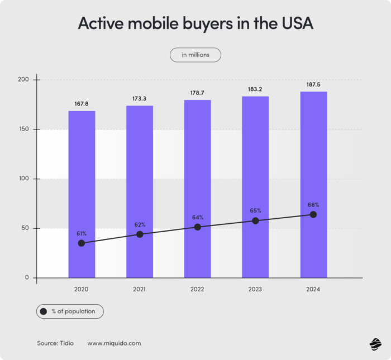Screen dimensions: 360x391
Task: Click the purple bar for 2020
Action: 82,167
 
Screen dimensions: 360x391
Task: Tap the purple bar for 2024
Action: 313,156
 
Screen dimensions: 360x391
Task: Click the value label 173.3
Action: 140,98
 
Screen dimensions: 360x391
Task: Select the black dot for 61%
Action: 82,243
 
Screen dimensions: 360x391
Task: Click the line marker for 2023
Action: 255,220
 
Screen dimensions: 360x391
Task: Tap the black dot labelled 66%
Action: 313,214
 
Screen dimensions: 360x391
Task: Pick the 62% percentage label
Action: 140,224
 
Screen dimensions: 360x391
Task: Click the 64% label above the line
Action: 197,217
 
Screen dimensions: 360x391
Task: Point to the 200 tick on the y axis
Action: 23,80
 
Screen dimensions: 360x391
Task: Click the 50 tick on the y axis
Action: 25,228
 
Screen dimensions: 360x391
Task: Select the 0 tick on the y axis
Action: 26,277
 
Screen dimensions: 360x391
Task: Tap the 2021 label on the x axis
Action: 140,289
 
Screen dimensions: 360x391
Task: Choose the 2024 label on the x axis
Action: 313,289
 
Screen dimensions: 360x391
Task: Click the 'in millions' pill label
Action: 195,55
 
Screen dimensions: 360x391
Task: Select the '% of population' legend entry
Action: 70,311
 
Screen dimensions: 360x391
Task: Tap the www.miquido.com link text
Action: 114,343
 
